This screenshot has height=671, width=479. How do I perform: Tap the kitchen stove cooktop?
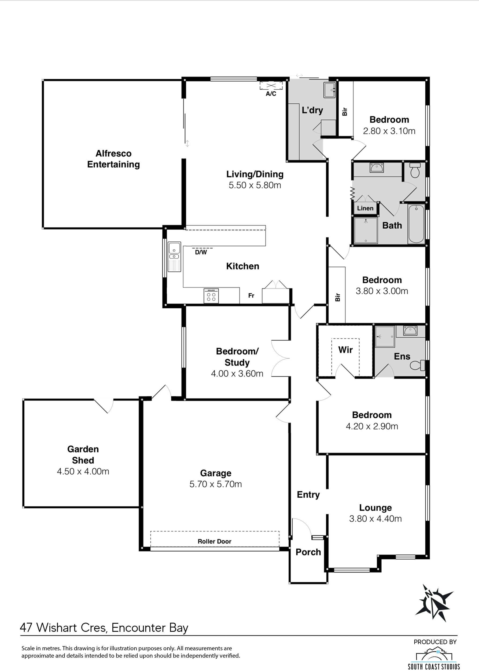coord(211,296)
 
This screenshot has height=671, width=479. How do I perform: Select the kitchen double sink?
coord(174,257)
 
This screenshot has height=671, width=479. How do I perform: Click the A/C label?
coord(271,94)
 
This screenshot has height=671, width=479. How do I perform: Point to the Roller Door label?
coord(215,541)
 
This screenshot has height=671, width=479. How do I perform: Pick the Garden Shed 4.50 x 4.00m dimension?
coord(83,471)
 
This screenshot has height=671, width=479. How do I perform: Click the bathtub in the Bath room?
coord(416,224)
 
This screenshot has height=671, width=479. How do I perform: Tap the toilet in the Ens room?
coord(418,365)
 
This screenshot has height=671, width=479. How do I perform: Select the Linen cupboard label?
coord(365,208)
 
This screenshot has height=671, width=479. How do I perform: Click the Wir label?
coord(345,350)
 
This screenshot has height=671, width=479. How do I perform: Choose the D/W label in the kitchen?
coord(201,252)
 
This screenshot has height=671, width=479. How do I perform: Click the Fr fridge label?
coord(251,296)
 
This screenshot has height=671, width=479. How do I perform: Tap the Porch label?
coord(308,552)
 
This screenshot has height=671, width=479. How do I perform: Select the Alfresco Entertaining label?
coord(113,159)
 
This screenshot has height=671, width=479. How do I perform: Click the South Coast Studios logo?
coord(434,657)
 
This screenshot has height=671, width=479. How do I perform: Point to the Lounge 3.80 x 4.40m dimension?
coord(375,518)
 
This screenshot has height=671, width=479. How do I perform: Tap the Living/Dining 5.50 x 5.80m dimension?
coord(255,185)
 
